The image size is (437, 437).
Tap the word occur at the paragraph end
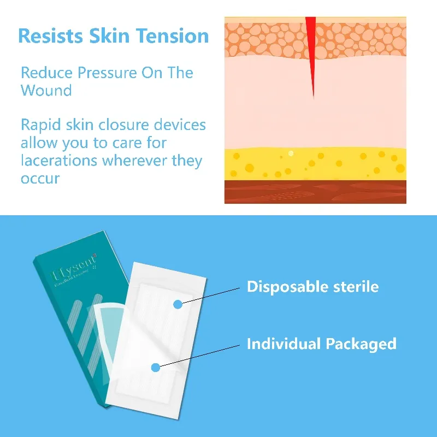40,179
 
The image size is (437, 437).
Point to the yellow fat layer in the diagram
315,163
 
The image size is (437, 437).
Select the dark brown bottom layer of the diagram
315,192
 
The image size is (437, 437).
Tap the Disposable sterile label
312,287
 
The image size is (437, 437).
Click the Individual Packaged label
321,344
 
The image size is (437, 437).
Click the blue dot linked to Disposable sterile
178,304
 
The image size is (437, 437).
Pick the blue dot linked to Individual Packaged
156,368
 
